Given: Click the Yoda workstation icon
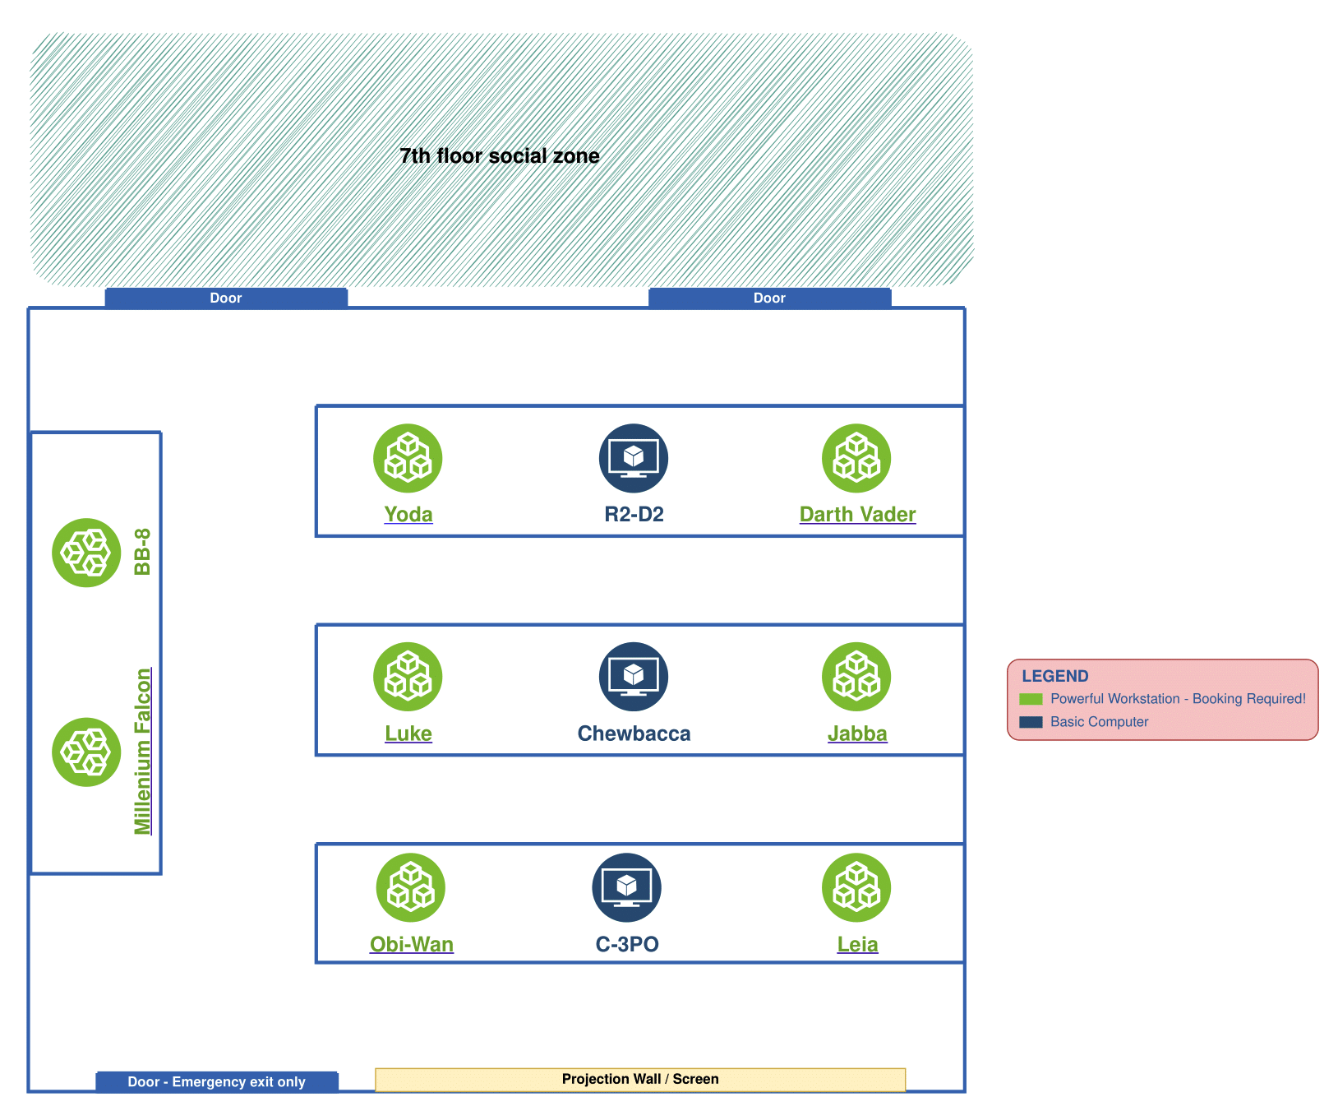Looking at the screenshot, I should pos(408,458).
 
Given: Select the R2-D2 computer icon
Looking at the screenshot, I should pos(634,458).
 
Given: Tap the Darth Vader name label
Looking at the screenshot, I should pos(857,515).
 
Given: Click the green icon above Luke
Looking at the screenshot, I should pos(408,677).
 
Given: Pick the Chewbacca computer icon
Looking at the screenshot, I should pos(634,677).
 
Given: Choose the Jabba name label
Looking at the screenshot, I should pos(857,734).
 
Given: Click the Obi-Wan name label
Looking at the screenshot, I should pos(412,944).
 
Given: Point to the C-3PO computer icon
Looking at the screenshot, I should pos(626,888).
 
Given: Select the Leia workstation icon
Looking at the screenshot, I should pos(856,888).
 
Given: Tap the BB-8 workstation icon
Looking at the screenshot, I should pos(86,553).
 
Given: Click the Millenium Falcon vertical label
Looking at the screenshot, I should pos(143,752).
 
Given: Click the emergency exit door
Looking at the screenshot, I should pos(217,1082).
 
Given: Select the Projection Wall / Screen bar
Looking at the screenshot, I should pos(640,1079).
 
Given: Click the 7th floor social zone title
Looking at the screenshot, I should pos(500,156).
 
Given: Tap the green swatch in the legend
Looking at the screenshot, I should pos(1031,699).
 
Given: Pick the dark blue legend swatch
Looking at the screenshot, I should pos(1031,722).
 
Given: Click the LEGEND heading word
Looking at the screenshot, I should pos(1055,676).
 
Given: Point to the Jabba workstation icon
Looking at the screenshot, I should pos(856,677).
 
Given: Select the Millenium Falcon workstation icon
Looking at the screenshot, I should pos(86,752).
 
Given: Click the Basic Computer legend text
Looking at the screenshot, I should pos(1099,722).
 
